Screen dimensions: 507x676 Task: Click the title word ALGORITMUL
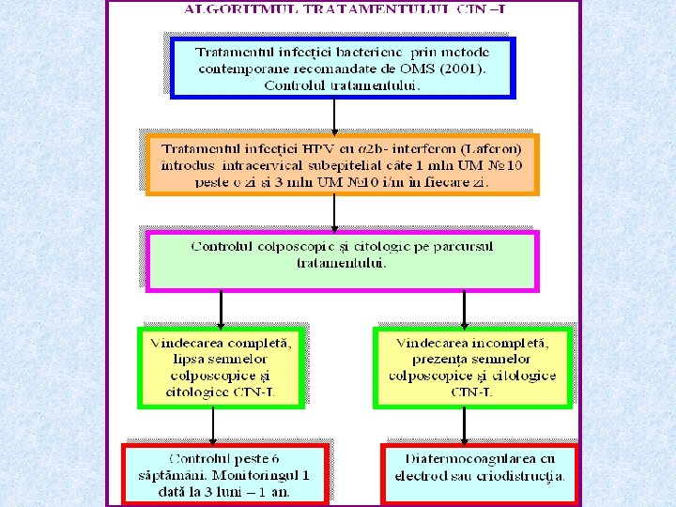[x=229, y=10]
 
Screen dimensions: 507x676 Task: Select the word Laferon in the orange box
[x=501, y=149]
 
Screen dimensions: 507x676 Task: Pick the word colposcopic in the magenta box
[x=287, y=247]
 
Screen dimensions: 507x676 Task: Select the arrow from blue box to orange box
[x=335, y=115]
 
